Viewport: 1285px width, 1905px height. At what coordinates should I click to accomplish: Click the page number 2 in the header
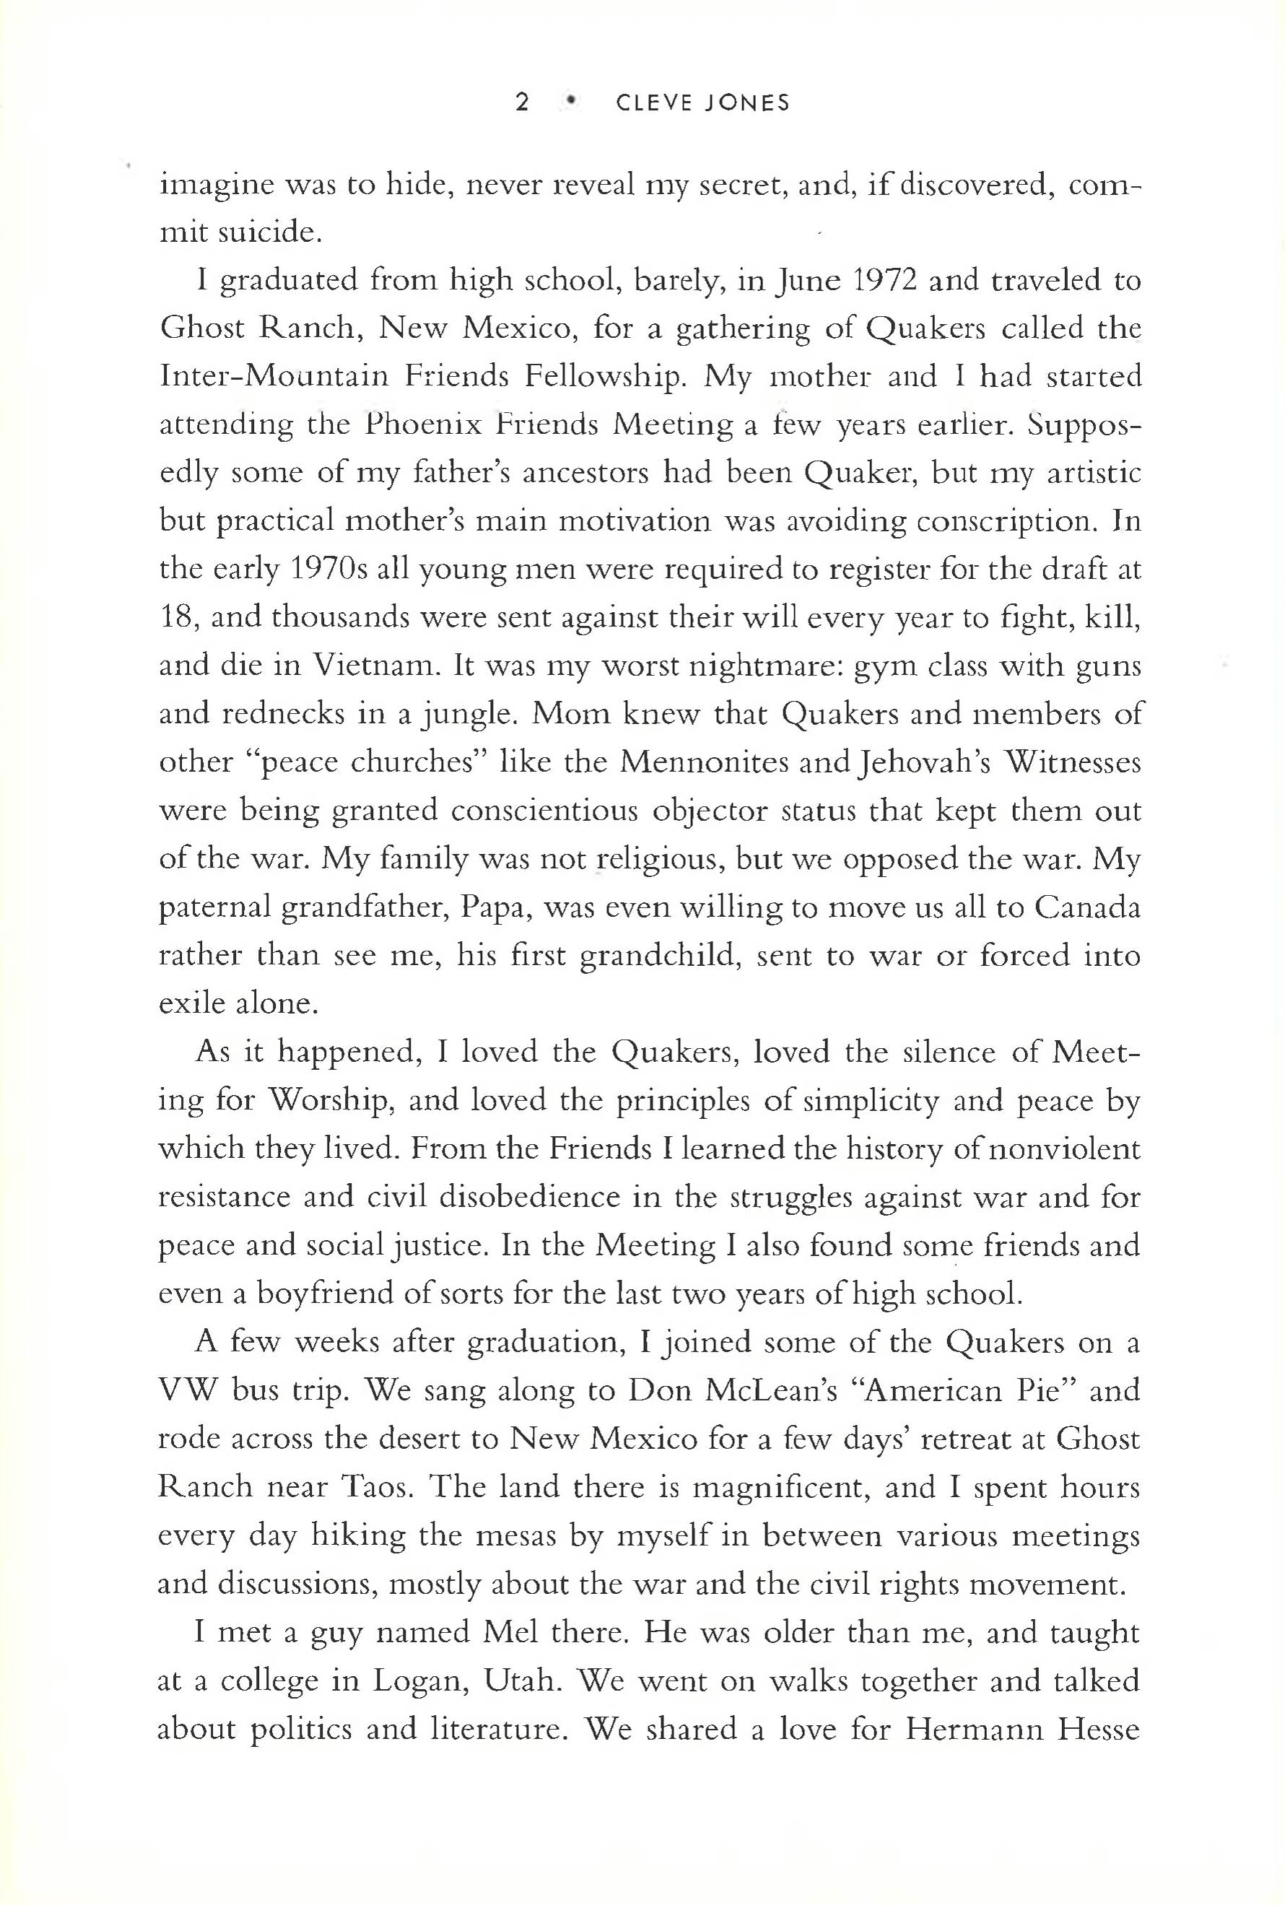click(522, 103)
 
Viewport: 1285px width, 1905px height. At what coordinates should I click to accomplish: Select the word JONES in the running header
click(746, 103)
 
